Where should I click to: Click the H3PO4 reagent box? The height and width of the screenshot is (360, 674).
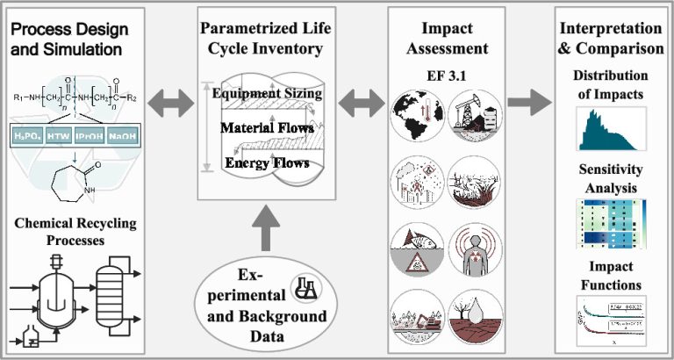click(30, 137)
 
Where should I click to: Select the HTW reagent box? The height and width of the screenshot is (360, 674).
click(65, 137)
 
